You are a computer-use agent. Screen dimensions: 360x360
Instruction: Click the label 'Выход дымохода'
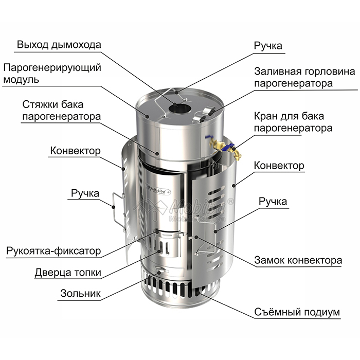point(59,45)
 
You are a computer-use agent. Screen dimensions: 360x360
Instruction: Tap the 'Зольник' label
point(80,293)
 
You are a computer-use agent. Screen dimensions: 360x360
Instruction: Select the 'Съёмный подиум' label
point(297,312)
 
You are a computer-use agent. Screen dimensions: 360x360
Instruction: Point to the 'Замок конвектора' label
point(298,260)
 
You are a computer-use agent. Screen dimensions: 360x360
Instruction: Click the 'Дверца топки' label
point(68,273)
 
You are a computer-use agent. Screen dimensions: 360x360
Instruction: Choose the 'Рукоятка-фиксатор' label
point(53,251)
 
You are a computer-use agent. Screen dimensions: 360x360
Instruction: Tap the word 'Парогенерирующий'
point(52,68)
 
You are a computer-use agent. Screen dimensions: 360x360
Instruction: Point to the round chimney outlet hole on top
point(180,109)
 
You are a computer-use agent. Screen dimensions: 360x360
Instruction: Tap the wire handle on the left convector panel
point(118,211)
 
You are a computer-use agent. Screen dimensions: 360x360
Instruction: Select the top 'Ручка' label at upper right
point(268,46)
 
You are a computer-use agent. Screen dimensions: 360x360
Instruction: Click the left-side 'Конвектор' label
point(75,151)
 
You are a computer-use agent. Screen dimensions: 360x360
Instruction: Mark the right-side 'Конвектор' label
point(279,166)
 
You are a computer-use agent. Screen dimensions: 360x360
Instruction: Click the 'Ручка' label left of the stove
point(85,193)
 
